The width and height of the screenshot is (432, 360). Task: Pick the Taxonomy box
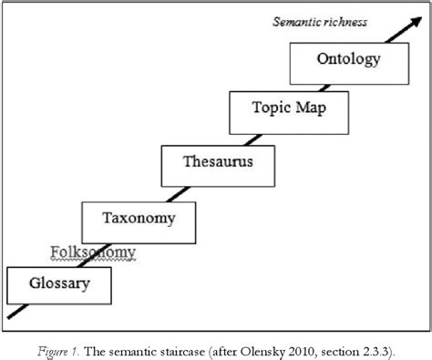[x=139, y=219]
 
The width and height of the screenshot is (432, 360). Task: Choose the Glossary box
[x=60, y=283]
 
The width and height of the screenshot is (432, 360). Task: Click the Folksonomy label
[x=92, y=252]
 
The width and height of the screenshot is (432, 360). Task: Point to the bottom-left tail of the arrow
[x=11, y=316]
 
